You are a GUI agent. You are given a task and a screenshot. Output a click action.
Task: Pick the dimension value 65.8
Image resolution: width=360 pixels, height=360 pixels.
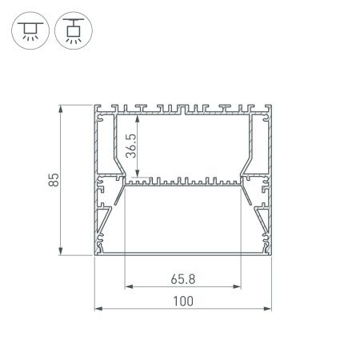coord(183,280)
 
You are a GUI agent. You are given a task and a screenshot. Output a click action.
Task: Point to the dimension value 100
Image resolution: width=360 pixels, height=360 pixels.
coord(183,301)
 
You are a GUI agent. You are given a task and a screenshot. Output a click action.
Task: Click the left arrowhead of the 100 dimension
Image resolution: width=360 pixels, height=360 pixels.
coord(98,307)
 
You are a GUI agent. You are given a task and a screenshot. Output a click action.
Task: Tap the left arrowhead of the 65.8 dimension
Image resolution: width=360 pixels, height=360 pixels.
coord(126,286)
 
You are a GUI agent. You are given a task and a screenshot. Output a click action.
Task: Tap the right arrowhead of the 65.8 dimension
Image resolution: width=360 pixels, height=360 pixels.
coord(240,286)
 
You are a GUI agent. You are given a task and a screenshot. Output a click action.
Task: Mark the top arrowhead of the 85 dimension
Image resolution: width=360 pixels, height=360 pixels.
coord(61,107)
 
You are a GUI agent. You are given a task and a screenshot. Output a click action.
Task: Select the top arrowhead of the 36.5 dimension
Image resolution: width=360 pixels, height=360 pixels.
coord(141,116)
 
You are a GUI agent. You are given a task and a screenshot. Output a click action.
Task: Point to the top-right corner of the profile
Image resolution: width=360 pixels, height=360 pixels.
coord(271,105)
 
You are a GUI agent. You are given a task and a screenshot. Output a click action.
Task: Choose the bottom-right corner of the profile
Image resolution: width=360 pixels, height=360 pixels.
coord(271,257)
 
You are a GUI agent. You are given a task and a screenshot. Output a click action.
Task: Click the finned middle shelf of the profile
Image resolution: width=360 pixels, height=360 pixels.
coord(183,182)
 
